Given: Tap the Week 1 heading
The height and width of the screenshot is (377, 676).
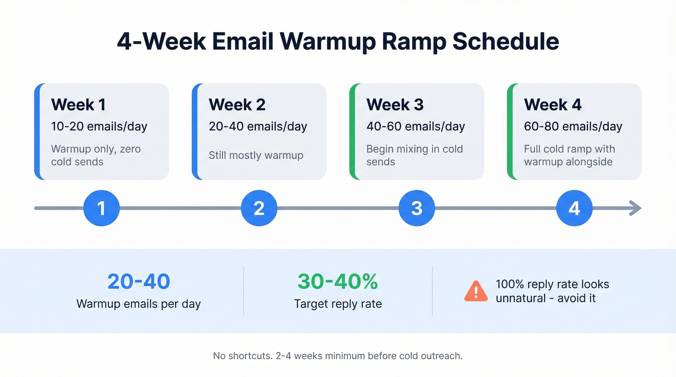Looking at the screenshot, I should coord(78,105).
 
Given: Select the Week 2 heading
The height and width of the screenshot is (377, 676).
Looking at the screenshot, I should coord(237,105).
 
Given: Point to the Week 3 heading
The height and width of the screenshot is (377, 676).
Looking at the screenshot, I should coord(394,105).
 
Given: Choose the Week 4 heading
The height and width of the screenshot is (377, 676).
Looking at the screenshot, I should coord(553,105).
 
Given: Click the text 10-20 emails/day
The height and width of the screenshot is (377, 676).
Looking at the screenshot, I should coord(99,126).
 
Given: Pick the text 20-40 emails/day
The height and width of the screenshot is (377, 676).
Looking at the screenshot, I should coord(258,126).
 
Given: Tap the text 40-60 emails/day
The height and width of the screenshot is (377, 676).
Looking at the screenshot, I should coord(415,126).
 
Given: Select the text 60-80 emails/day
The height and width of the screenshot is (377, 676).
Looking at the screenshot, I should coord(573,126).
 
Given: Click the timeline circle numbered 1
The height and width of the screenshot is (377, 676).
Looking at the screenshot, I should coord(101,208).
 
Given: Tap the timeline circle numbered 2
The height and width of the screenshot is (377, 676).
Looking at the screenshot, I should coord(259,208).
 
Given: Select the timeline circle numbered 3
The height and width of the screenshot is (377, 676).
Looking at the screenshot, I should coord(417,208).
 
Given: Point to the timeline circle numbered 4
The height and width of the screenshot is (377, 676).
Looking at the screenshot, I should coord(574,208).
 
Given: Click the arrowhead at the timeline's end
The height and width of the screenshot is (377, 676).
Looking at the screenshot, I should coord(635,208).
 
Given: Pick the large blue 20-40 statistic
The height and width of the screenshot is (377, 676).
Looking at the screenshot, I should coord(139,282).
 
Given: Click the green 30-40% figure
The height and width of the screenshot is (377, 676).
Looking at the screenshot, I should coord(338,282).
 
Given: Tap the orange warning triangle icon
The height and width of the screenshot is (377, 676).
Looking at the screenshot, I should coord(476,291).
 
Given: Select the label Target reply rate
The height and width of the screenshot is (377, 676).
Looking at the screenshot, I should coord(338,304).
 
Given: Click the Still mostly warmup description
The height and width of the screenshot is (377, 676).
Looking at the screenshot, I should coord(256,155).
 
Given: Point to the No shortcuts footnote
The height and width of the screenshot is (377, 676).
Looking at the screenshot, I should coord(338,356).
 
